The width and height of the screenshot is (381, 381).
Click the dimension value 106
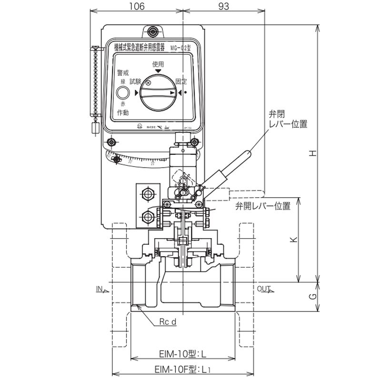tap(136, 6)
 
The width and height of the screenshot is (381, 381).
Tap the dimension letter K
tap(293, 239)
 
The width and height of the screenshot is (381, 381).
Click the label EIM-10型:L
tap(183, 354)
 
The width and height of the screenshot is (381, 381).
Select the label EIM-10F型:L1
tap(183, 369)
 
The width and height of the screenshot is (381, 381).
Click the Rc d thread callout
tap(168, 322)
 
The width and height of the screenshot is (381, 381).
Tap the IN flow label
tap(100, 289)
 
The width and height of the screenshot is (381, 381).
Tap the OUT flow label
tap(263, 289)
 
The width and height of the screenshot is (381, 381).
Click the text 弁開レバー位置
tap(262, 206)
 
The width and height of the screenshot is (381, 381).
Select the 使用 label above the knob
tap(158, 64)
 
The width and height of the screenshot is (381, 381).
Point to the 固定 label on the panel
tap(181, 81)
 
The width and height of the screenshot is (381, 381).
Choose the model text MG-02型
tap(179, 47)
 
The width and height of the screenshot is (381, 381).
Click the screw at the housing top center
tap(152, 32)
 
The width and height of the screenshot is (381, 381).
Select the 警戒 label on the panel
tap(123, 72)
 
